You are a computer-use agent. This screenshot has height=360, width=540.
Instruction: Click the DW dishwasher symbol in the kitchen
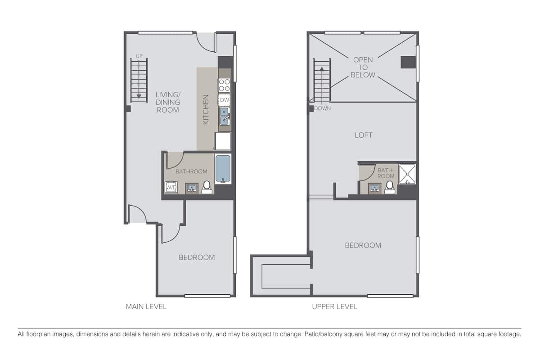(224, 99)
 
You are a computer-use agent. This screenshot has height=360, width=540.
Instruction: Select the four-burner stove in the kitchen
(224, 85)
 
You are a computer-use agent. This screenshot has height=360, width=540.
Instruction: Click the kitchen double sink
(225, 116)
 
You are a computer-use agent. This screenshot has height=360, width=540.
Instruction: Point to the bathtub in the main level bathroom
(223, 169)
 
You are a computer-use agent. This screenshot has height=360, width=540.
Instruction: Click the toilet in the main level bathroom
(207, 187)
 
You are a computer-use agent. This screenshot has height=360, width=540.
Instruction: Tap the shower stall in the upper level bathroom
(407, 174)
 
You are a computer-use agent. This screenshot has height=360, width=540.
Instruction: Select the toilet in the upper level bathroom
(390, 188)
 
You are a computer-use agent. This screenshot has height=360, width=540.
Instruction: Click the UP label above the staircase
(139, 56)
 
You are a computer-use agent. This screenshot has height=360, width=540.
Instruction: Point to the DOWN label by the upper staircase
(322, 108)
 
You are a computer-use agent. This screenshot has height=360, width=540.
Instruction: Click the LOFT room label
(363, 135)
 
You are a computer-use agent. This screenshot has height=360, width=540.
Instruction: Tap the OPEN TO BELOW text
(363, 67)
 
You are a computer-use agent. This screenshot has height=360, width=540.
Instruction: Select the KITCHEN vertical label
(206, 109)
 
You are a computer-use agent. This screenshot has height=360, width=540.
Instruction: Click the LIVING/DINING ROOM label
(168, 102)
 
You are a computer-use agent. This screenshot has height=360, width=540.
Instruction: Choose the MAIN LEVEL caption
(146, 307)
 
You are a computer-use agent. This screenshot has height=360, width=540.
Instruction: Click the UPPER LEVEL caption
(335, 307)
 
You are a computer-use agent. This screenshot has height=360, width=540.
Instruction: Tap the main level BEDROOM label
(197, 257)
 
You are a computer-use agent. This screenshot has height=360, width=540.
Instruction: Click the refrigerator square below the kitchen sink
(223, 141)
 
